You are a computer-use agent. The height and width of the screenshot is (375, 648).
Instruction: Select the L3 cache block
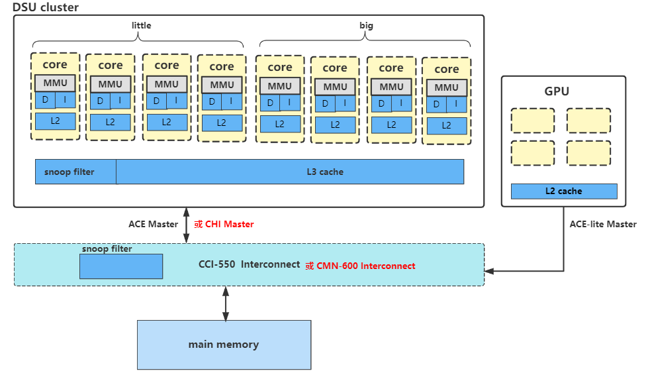click(x=290, y=172)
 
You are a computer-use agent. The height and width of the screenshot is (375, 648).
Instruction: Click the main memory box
click(x=224, y=345)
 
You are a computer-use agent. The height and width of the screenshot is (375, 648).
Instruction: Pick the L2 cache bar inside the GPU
click(x=564, y=191)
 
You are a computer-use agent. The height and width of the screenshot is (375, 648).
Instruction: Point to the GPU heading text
click(x=557, y=91)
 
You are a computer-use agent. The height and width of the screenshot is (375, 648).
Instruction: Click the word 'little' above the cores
click(x=142, y=26)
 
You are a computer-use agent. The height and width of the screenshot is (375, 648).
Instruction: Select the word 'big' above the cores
click(x=366, y=26)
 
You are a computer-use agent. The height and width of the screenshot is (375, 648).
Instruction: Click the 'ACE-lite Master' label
click(x=603, y=225)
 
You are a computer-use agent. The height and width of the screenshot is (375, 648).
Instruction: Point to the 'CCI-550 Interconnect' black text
click(x=249, y=264)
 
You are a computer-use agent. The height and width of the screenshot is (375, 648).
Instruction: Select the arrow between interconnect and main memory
click(x=226, y=303)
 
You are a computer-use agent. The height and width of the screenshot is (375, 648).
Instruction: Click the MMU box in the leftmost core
click(x=56, y=83)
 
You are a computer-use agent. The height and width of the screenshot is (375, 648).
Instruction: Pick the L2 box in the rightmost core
click(x=446, y=125)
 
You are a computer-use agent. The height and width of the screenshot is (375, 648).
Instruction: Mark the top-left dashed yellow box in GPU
click(x=532, y=121)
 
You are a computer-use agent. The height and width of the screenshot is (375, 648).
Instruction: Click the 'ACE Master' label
click(x=153, y=225)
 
